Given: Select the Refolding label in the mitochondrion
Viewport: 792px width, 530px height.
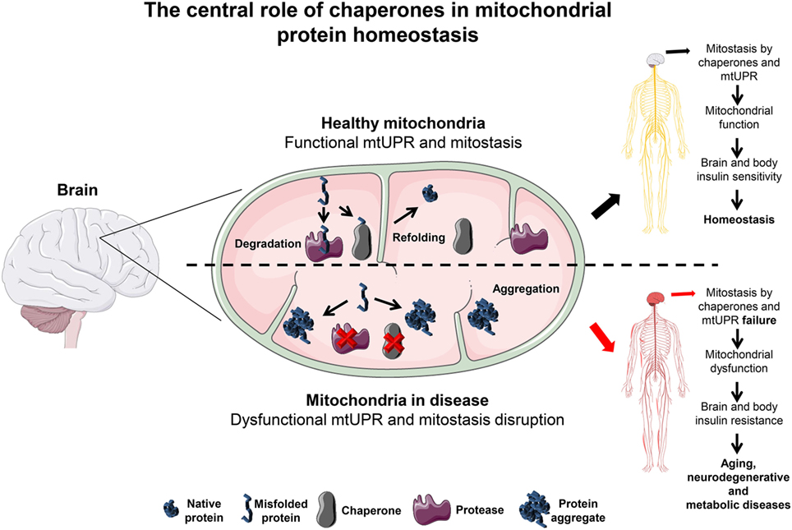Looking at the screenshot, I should (x=423, y=237).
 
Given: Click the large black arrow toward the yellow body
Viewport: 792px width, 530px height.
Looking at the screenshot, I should (x=607, y=209).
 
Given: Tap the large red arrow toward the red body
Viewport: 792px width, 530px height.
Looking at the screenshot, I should (x=607, y=337).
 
